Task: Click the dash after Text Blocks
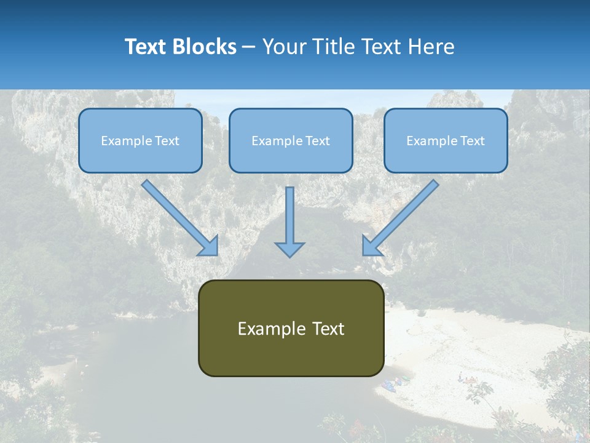249,47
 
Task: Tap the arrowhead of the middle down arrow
289,249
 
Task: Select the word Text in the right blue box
473,141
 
